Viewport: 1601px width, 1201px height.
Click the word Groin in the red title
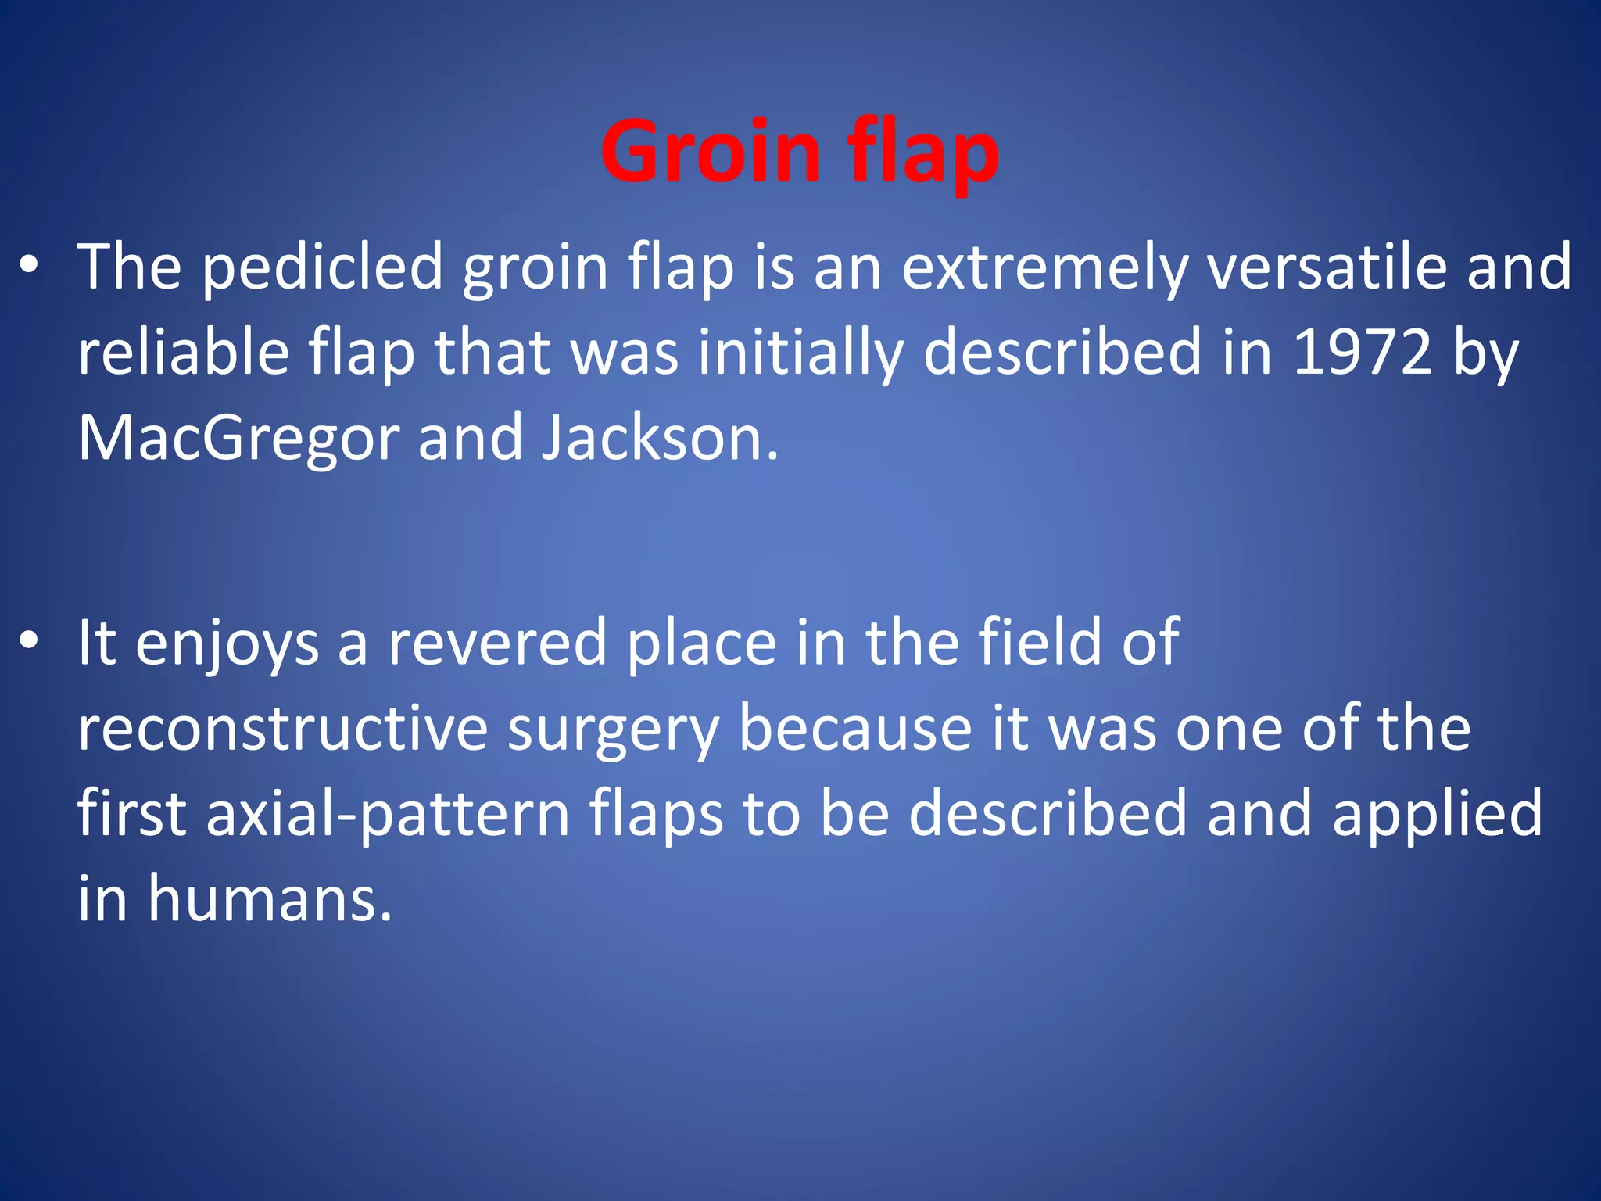pos(711,152)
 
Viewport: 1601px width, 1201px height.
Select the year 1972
pos(1362,352)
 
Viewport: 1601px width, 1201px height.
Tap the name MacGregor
pos(238,438)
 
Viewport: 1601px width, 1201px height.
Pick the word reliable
pos(184,352)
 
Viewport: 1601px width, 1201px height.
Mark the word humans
pos(269,899)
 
